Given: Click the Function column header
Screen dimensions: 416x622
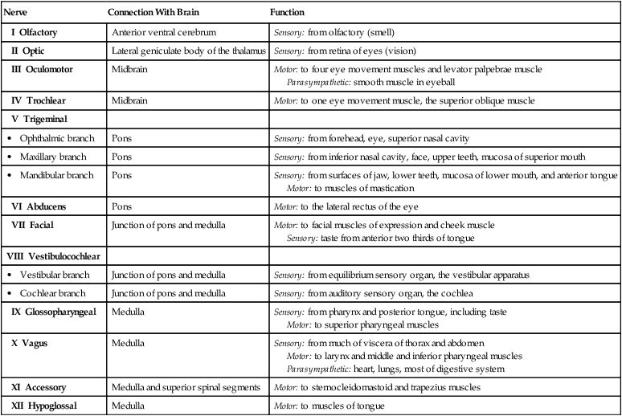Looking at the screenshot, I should [x=288, y=14].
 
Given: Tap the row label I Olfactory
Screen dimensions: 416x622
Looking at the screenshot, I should [x=39, y=32].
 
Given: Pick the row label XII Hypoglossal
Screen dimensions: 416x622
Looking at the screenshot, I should [x=45, y=406].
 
